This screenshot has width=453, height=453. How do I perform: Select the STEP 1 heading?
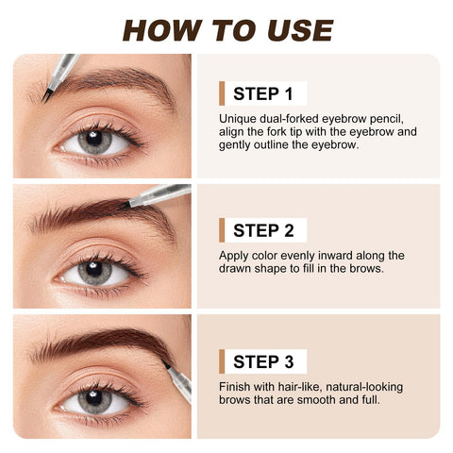262,93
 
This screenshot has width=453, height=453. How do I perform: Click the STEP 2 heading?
262,229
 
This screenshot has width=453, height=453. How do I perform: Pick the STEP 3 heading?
262,361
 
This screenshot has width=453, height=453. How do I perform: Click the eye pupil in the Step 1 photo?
93,141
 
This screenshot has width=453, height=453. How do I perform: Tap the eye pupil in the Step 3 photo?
93,399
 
